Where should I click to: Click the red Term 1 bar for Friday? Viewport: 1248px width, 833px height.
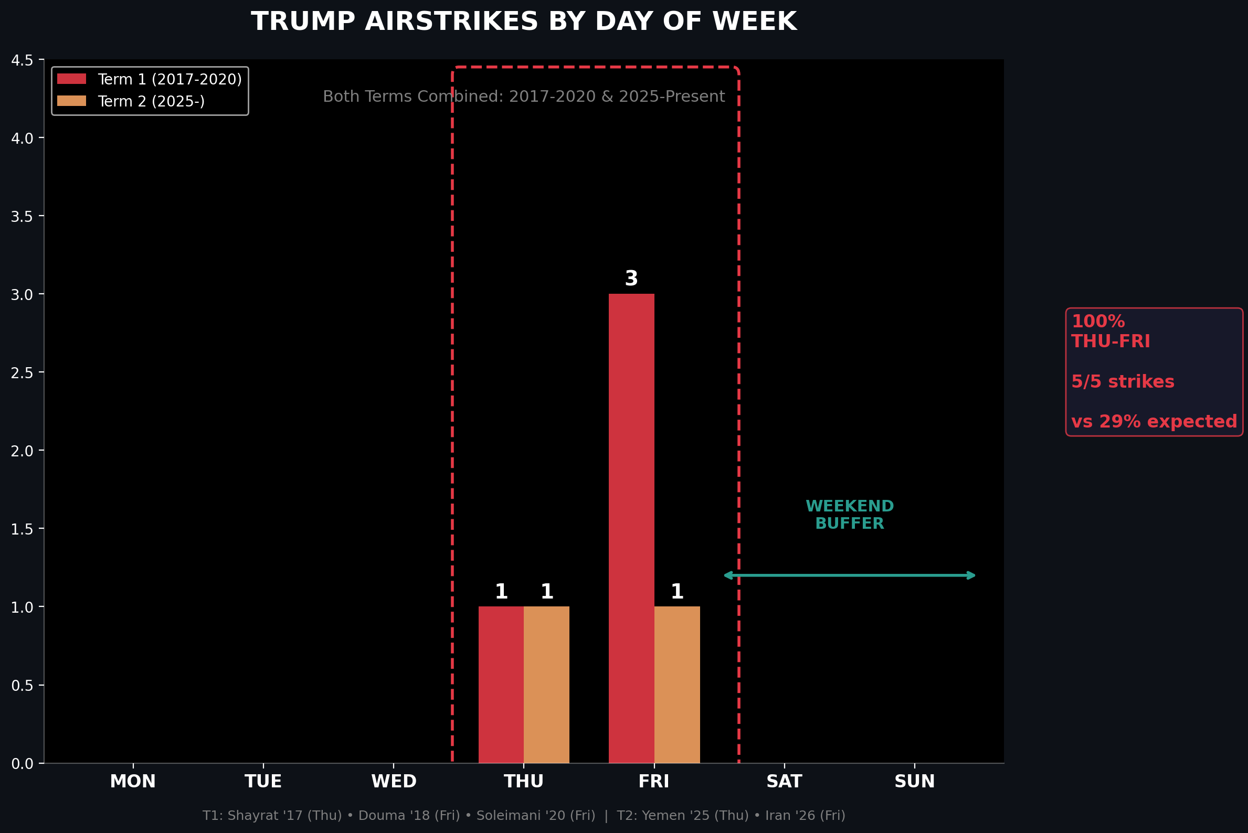(631, 528)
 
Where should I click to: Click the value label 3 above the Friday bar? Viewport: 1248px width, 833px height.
(631, 279)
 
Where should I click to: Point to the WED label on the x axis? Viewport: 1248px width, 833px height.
(393, 782)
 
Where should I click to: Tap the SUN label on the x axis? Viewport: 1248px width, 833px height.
(914, 782)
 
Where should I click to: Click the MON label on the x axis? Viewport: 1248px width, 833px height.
(133, 782)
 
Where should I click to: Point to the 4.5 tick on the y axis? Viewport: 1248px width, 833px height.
(22, 60)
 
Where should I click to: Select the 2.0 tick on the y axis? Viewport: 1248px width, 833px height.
(22, 451)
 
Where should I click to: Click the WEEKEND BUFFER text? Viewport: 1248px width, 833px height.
(849, 515)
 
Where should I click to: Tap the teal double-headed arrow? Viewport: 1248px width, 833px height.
(849, 575)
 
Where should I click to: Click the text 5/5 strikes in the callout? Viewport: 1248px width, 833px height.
(1123, 381)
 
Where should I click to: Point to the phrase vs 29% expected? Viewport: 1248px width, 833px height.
(1154, 422)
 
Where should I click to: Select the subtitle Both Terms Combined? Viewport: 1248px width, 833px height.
(524, 97)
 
